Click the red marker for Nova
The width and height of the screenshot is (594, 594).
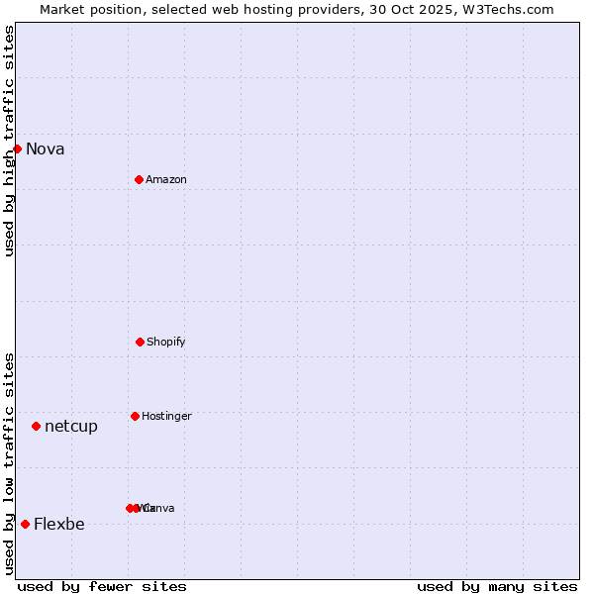point(17,148)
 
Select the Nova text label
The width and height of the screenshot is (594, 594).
point(46,149)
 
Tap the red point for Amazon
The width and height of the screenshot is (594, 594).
point(139,179)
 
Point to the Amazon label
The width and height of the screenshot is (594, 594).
point(166,180)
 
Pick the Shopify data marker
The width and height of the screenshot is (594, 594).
point(140,342)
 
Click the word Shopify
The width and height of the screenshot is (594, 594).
point(166,343)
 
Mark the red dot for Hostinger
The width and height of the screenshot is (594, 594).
point(135,416)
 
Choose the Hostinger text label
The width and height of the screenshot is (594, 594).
point(166,417)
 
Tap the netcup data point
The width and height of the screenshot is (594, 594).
point(36,426)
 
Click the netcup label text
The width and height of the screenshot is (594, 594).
point(71,427)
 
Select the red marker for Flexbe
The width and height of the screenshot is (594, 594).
point(25,524)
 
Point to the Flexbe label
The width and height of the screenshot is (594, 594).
point(59,525)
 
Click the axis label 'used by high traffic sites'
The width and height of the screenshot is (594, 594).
point(10,141)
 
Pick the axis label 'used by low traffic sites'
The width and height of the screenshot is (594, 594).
point(10,463)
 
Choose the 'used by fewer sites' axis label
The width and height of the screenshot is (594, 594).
point(102,587)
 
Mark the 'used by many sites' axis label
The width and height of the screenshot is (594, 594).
point(497,587)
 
